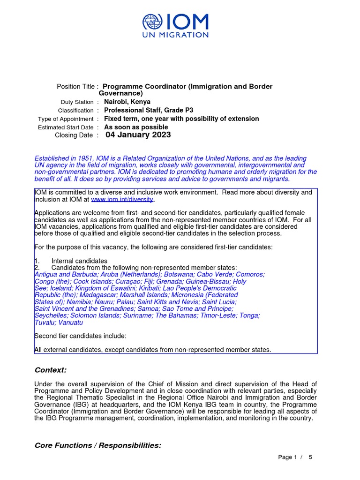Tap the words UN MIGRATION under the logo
coord(176,35)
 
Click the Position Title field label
coord(77,87)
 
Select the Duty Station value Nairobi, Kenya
coord(127,102)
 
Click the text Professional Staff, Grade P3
coord(149,110)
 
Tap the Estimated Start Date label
coord(66,127)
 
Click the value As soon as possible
coord(136,127)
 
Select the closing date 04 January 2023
coord(138,135)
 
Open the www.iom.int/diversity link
coord(122,200)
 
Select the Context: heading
coord(51,370)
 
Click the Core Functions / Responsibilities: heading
coord(98,445)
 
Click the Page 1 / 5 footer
coord(295,457)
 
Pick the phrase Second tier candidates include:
coord(80,336)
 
